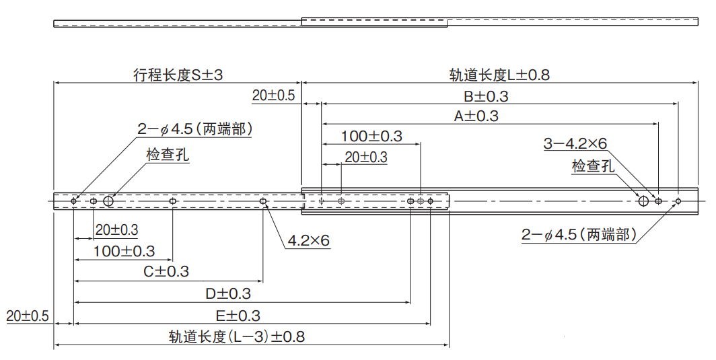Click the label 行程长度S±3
pyautogui.click(x=178, y=75)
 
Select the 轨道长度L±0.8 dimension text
pyautogui.click(x=499, y=75)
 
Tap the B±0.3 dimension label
pyautogui.click(x=486, y=96)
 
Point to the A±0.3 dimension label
pyautogui.click(x=476, y=116)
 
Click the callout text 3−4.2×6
pyautogui.click(x=575, y=143)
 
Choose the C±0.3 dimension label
pyautogui.click(x=166, y=271)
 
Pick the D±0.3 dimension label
pyautogui.click(x=228, y=293)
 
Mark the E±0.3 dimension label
pyautogui.click(x=238, y=315)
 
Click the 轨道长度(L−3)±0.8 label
pyautogui.click(x=237, y=336)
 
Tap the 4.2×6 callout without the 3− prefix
pyautogui.click(x=308, y=240)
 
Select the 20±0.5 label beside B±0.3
pyautogui.click(x=274, y=96)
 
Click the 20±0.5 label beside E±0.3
pyautogui.click(x=28, y=316)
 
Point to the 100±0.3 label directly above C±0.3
pyautogui.click(x=124, y=251)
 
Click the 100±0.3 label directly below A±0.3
pyautogui.click(x=371, y=136)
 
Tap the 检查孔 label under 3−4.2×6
pyautogui.click(x=593, y=166)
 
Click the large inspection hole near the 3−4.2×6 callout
pyautogui.click(x=643, y=201)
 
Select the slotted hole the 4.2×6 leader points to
pyautogui.click(x=263, y=201)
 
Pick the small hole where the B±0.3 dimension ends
pyautogui.click(x=678, y=201)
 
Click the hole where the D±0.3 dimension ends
pyautogui.click(x=410, y=201)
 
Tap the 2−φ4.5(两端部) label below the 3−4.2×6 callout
pyautogui.click(x=579, y=235)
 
